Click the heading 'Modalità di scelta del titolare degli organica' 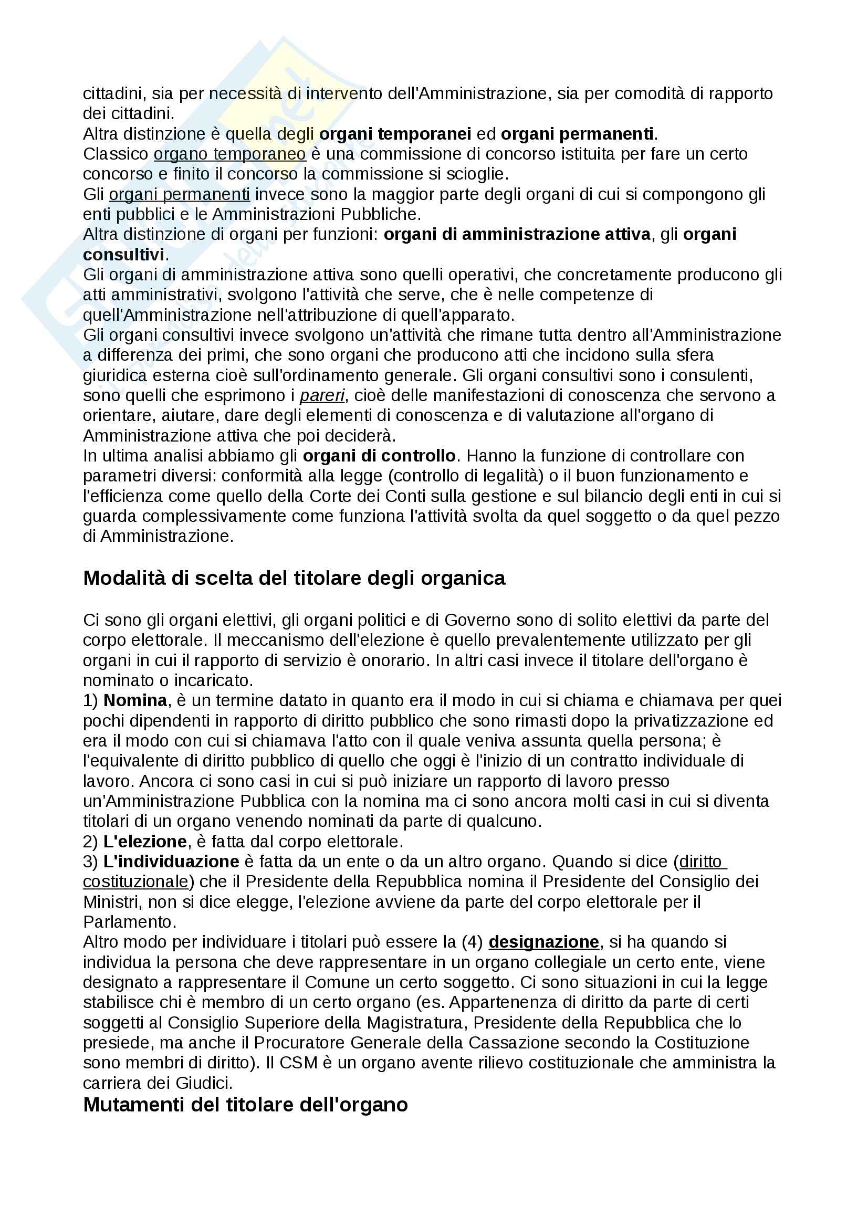pos(294,578)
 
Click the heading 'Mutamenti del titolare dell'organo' pos(245,1105)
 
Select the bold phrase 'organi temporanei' pos(395,134)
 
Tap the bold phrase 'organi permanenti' pos(577,134)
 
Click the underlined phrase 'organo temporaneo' pos(230,154)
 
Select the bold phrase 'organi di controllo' pos(379,456)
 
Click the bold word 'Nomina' pos(135,701)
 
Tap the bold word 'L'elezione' pos(145,842)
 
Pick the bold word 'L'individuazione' pos(171,862)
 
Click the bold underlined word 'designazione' pos(544,942)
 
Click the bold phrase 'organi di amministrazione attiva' pos(517,234)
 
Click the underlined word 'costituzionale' pos(136,882)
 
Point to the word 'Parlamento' pos(128,922)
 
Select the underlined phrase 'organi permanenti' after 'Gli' pos(180,194)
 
